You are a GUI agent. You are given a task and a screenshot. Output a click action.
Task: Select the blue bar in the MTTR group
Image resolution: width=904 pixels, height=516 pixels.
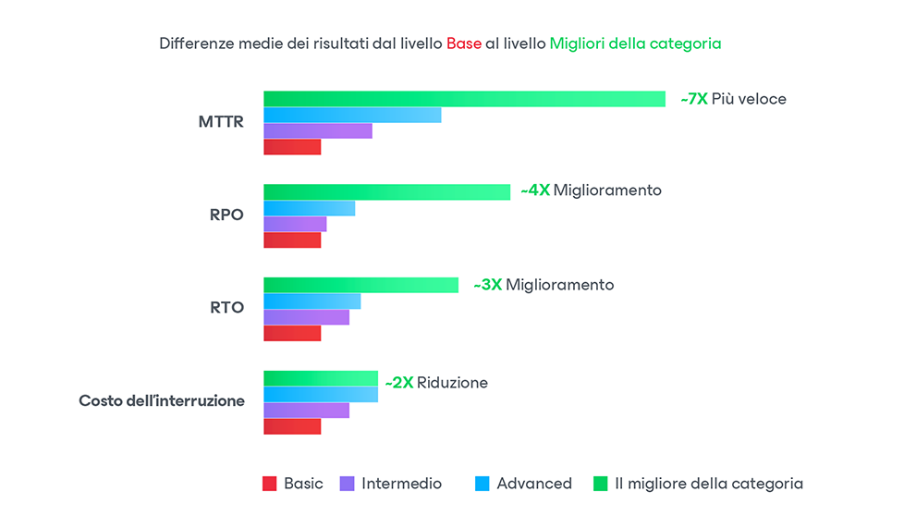tap(352, 115)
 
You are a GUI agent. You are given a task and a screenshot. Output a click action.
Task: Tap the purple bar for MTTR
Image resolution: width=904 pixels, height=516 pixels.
tap(317, 131)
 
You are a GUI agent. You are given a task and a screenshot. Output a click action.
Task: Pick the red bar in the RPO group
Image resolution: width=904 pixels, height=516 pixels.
tap(292, 240)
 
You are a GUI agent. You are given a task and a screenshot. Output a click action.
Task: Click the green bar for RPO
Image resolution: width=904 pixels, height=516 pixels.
tap(386, 192)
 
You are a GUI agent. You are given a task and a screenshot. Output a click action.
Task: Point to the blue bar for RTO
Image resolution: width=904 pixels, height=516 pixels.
tap(312, 301)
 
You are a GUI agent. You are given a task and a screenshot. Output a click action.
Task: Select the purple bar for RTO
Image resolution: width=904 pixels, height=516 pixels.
tap(306, 317)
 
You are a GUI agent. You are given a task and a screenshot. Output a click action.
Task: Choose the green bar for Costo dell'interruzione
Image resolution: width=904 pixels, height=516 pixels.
tap(321, 378)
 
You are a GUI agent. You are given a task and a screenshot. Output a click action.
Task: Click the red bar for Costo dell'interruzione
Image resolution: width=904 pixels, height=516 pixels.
tap(292, 426)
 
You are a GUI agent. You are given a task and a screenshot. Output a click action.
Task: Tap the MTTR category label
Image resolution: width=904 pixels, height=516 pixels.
tap(221, 122)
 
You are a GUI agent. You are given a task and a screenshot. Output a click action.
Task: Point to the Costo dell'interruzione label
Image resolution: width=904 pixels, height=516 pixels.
tap(162, 401)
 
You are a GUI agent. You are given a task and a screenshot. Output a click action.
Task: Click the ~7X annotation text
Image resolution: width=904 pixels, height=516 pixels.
tap(693, 99)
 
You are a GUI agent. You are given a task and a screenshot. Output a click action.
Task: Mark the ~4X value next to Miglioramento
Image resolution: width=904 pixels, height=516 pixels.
tap(535, 190)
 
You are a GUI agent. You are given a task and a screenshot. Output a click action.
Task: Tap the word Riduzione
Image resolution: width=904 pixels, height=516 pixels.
tap(452, 383)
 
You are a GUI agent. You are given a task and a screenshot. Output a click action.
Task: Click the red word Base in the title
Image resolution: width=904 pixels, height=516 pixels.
tap(463, 43)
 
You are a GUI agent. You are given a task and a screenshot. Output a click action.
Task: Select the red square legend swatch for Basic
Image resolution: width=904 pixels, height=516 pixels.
tap(270, 484)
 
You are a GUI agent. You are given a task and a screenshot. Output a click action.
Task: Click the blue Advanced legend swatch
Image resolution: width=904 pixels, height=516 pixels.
tap(483, 484)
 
